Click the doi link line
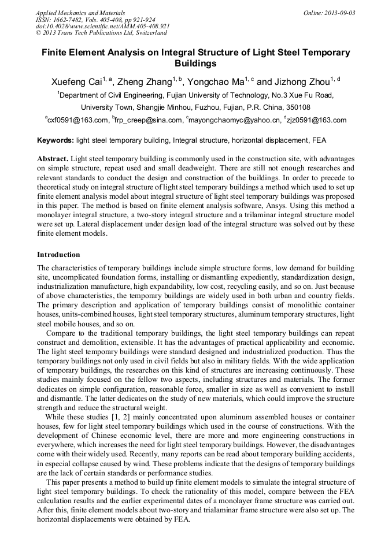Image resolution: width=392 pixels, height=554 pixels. point(102,26)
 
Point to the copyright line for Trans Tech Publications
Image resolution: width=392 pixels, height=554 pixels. point(101,33)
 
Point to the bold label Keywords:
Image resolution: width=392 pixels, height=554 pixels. point(56,140)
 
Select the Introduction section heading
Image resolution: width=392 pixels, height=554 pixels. point(58,255)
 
